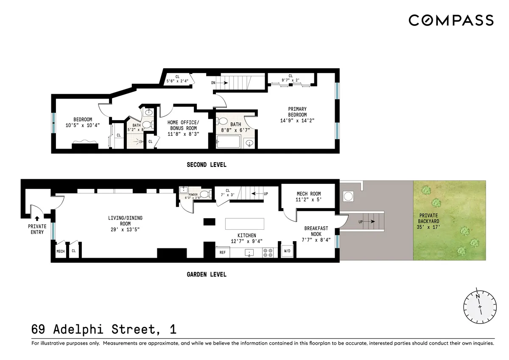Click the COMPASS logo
click(x=451, y=20)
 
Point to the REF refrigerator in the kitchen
click(x=222, y=252)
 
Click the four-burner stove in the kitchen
click(x=268, y=252)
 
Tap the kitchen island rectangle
click(x=245, y=223)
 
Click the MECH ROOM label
click(x=308, y=194)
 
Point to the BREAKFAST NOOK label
click(x=316, y=231)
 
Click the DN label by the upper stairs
click(x=213, y=83)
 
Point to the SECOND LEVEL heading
click(x=207, y=165)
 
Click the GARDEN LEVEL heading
click(x=207, y=274)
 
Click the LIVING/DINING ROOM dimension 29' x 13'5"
click(x=125, y=229)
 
